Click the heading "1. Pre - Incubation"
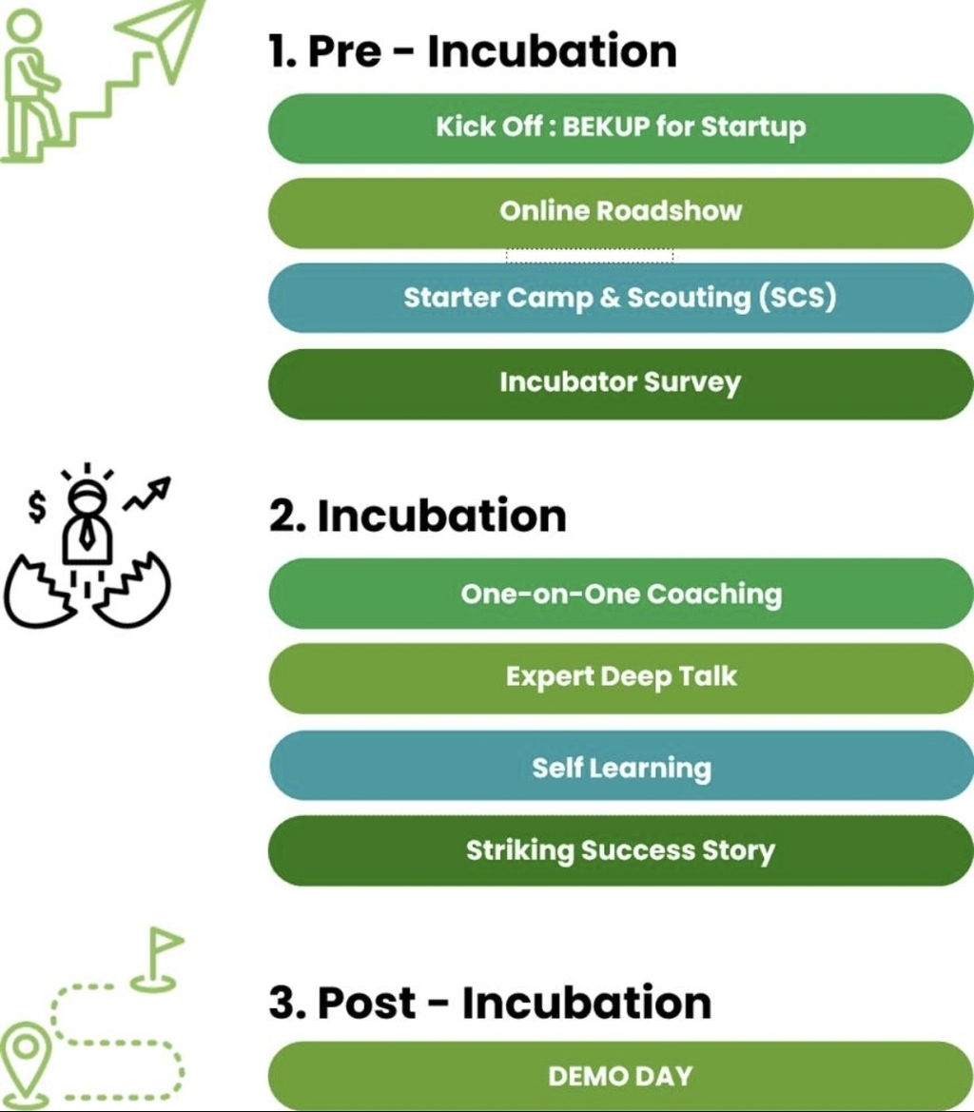(473, 50)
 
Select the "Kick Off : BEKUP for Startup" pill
(620, 127)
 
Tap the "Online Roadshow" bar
(620, 211)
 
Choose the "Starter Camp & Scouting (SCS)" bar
(620, 298)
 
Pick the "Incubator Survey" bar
(620, 383)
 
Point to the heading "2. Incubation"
(418, 517)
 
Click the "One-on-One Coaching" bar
(620, 595)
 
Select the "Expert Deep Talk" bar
(620, 677)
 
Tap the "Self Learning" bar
(620, 768)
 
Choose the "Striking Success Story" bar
(620, 850)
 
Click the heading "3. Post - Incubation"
(490, 1003)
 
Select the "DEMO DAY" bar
(620, 1077)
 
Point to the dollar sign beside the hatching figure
(36, 508)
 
